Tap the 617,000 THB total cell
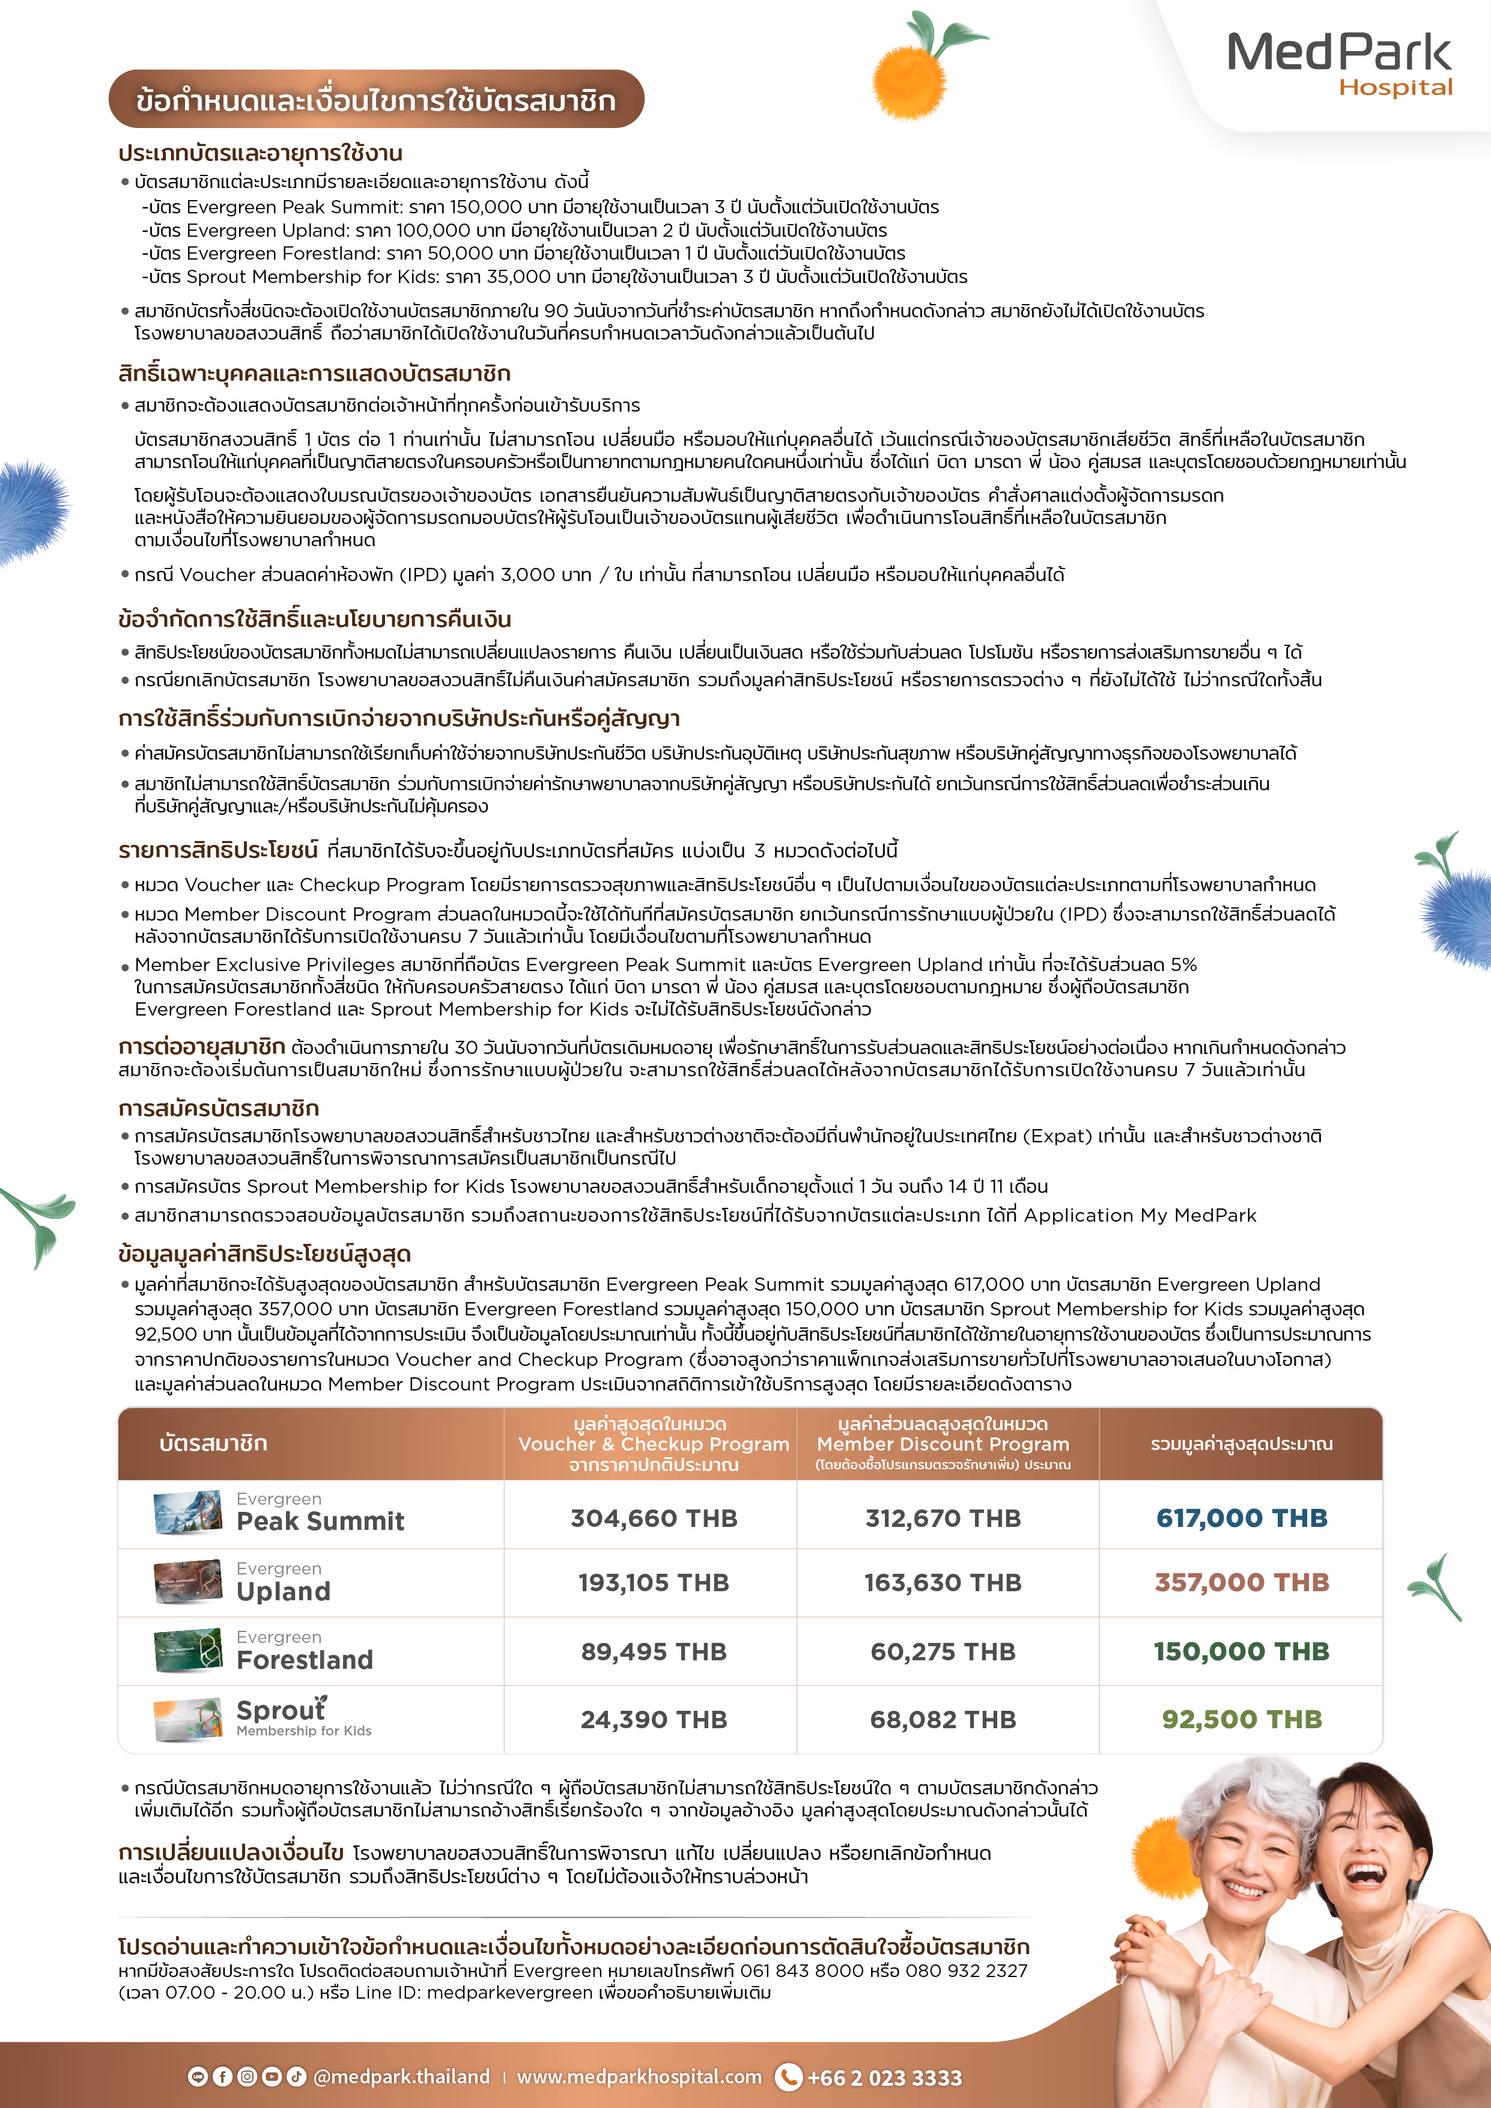pyautogui.click(x=1241, y=1518)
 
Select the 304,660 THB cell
pyautogui.click(x=654, y=1519)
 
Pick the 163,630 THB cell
pyautogui.click(x=943, y=1583)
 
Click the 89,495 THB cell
pyautogui.click(x=654, y=1652)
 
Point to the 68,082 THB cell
pyautogui.click(x=943, y=1720)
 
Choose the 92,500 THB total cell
pyautogui.click(x=1241, y=1720)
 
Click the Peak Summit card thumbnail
pyautogui.click(x=188, y=1514)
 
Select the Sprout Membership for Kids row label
pyautogui.click(x=303, y=1717)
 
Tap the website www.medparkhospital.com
pyautogui.click(x=639, y=2077)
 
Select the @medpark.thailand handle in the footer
pyautogui.click(x=401, y=2077)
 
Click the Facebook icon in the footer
pyautogui.click(x=222, y=2077)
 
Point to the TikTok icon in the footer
pyautogui.click(x=296, y=2077)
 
